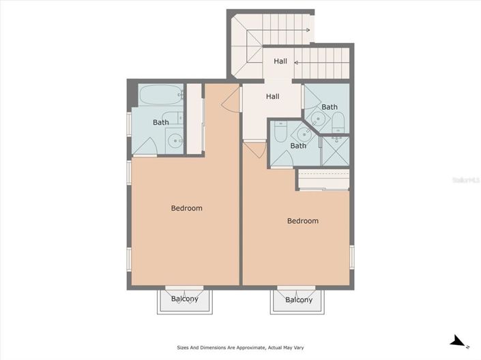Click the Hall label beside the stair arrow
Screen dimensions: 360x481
click(280, 61)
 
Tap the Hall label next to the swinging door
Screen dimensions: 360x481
click(272, 97)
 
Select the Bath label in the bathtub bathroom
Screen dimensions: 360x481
click(160, 123)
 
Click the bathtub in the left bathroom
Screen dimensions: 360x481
click(160, 95)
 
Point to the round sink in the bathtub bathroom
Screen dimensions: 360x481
click(175, 142)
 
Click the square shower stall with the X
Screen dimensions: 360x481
click(334, 151)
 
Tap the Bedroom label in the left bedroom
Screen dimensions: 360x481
click(186, 208)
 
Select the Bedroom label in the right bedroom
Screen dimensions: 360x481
click(302, 221)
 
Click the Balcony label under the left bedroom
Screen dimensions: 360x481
click(184, 299)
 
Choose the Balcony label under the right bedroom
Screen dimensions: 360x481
click(299, 300)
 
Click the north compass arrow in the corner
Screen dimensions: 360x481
click(458, 341)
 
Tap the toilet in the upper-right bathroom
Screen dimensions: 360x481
click(338, 123)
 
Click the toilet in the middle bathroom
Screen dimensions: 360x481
click(279, 134)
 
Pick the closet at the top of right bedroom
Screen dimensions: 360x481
click(323, 180)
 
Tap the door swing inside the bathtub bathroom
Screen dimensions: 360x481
click(145, 150)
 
